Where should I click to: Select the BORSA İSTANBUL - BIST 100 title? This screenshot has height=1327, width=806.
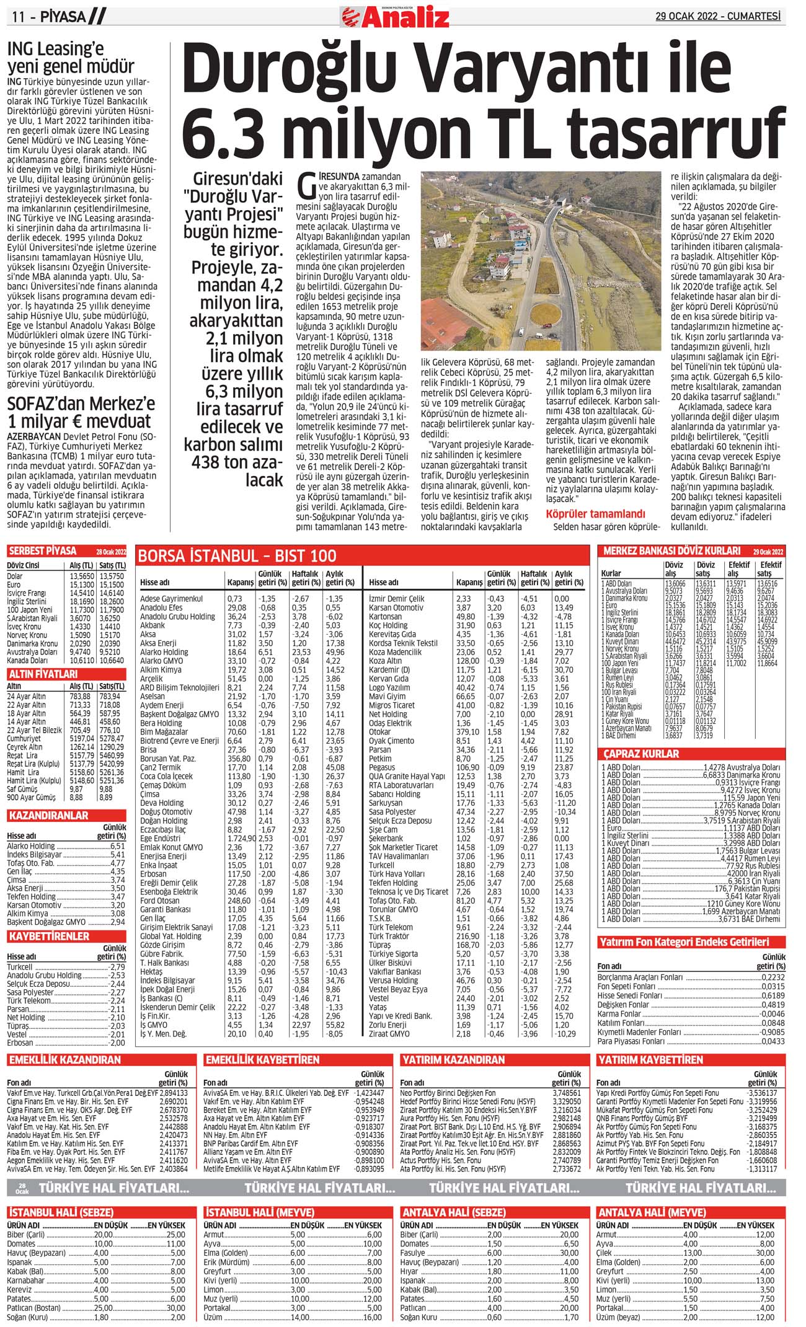pyautogui.click(x=237, y=555)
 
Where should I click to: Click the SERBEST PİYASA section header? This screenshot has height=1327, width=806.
pyautogui.click(x=43, y=551)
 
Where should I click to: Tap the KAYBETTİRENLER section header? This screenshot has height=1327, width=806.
pyautogui.click(x=49, y=936)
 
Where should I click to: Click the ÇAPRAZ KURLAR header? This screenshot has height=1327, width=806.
pyautogui.click(x=641, y=754)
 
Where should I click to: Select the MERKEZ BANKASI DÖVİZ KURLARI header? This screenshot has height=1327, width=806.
pyautogui.click(x=671, y=550)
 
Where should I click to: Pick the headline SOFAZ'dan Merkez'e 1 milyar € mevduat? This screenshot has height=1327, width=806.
pyautogui.click(x=81, y=412)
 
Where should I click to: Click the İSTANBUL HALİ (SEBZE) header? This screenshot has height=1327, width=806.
pyautogui.click(x=61, y=1212)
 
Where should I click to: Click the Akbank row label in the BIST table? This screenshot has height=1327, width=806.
pyautogui.click(x=153, y=625)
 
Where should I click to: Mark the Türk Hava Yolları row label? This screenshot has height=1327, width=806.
pyautogui.click(x=397, y=874)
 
